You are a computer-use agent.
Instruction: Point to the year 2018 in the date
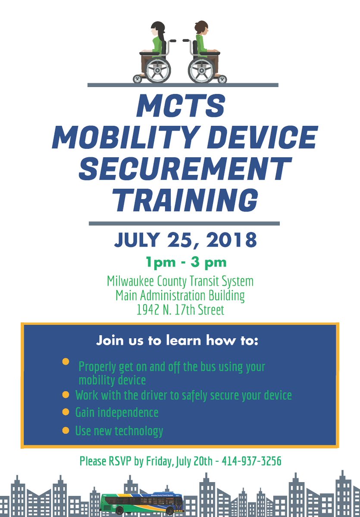click(228, 240)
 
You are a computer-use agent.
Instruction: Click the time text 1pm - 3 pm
click(180, 262)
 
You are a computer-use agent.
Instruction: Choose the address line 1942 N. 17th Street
click(180, 310)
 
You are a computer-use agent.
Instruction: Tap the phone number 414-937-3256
click(251, 461)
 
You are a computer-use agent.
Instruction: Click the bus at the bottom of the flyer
click(142, 503)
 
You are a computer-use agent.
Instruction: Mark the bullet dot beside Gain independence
click(66, 412)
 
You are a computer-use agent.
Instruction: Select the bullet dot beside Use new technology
click(66, 430)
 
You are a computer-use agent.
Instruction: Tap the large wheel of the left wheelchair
click(158, 70)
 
